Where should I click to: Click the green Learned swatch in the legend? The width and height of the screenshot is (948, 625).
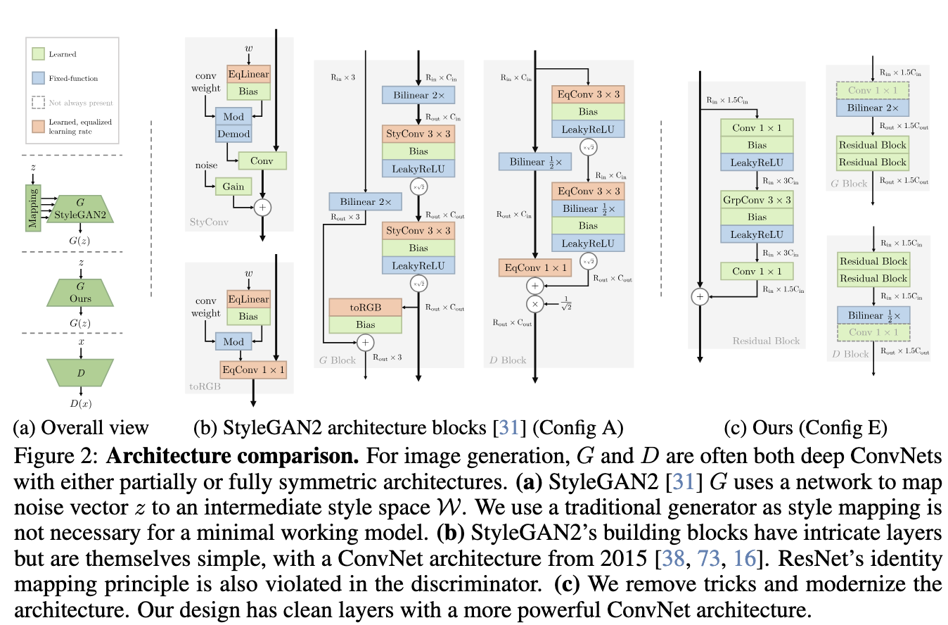point(39,53)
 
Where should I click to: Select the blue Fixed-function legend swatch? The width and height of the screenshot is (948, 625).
point(39,78)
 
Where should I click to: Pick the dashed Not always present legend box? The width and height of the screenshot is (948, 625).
point(39,103)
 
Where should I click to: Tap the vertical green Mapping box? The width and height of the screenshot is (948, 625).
point(32,207)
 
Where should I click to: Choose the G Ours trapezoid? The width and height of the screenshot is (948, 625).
point(80,292)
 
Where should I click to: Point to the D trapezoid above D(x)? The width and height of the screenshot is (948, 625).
point(80,371)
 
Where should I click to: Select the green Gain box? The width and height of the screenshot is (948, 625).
point(233,187)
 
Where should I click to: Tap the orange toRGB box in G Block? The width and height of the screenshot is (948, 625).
point(365,307)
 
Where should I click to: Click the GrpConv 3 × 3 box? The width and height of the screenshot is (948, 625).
point(757,200)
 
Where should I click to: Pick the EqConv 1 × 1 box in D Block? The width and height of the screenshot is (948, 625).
point(534,267)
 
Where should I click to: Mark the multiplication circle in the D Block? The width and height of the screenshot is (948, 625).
point(535,303)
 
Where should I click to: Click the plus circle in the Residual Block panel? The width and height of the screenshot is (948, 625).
point(699,297)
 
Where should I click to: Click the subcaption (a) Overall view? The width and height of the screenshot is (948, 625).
point(81,427)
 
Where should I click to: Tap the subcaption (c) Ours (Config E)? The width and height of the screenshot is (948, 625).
point(805,427)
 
